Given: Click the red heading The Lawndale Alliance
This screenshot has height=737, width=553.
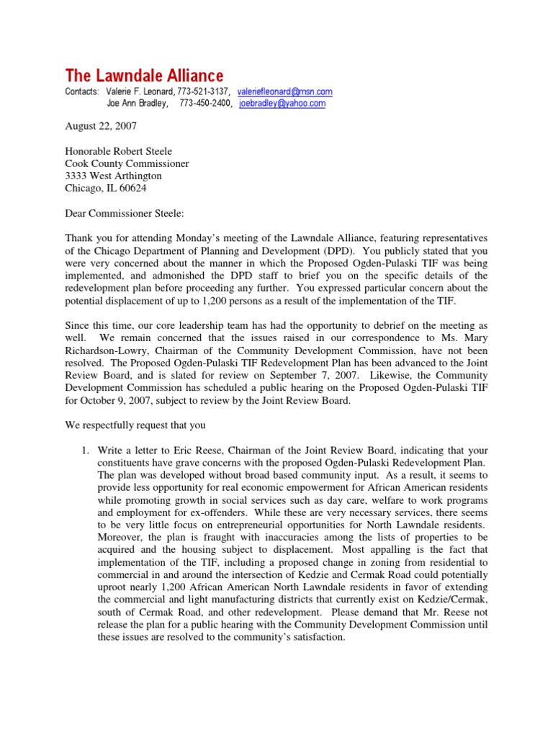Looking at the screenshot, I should tap(144, 76).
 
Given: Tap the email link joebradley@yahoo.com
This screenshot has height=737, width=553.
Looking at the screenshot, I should tap(282, 104).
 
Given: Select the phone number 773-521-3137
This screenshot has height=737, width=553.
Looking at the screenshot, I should tap(203, 92).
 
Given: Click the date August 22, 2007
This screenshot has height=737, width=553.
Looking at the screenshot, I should tap(100, 126).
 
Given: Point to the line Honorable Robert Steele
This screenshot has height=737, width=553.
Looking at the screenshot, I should tap(119, 152).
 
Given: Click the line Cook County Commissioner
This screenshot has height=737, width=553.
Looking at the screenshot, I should tap(127, 164).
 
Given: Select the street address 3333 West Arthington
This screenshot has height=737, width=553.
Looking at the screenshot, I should tap(114, 176).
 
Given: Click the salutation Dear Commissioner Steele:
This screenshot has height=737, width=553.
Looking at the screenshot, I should tap(125, 213).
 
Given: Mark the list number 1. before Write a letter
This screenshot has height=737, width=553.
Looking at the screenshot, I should tap(84, 451).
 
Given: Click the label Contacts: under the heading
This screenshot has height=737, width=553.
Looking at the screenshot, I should tap(81, 92).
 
